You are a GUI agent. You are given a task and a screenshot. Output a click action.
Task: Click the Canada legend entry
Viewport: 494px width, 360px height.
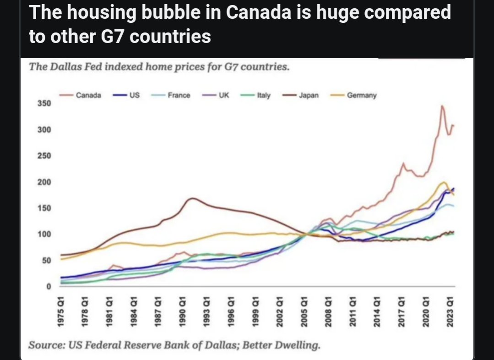[x=80, y=95]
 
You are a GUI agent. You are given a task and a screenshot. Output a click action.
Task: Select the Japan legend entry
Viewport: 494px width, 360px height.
[x=300, y=95]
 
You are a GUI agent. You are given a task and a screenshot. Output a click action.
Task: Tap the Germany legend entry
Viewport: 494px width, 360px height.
[x=353, y=95]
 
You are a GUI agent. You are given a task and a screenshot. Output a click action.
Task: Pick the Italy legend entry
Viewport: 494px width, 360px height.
[x=255, y=95]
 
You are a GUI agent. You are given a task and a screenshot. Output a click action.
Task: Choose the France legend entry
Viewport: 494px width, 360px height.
[x=171, y=95]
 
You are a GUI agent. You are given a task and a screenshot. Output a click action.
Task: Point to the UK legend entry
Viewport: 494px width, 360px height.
[x=216, y=95]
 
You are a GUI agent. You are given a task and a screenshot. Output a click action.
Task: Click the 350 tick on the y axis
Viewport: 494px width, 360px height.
[x=44, y=103]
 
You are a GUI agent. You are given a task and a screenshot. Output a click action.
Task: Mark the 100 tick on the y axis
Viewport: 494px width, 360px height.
[x=44, y=235]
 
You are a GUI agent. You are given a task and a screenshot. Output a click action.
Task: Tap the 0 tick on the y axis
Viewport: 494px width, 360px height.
[x=49, y=287]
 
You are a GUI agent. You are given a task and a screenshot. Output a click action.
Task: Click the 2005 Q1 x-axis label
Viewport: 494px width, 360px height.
[x=304, y=311]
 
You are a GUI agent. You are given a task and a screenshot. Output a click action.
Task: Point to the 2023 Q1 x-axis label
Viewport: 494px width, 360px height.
[x=450, y=311]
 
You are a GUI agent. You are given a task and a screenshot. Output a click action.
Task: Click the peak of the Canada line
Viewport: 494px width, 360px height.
[x=442, y=106]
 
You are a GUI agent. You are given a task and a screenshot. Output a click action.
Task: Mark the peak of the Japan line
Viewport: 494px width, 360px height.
[x=192, y=198]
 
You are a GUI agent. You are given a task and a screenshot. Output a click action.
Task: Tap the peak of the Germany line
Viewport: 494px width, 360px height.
[x=444, y=182]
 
